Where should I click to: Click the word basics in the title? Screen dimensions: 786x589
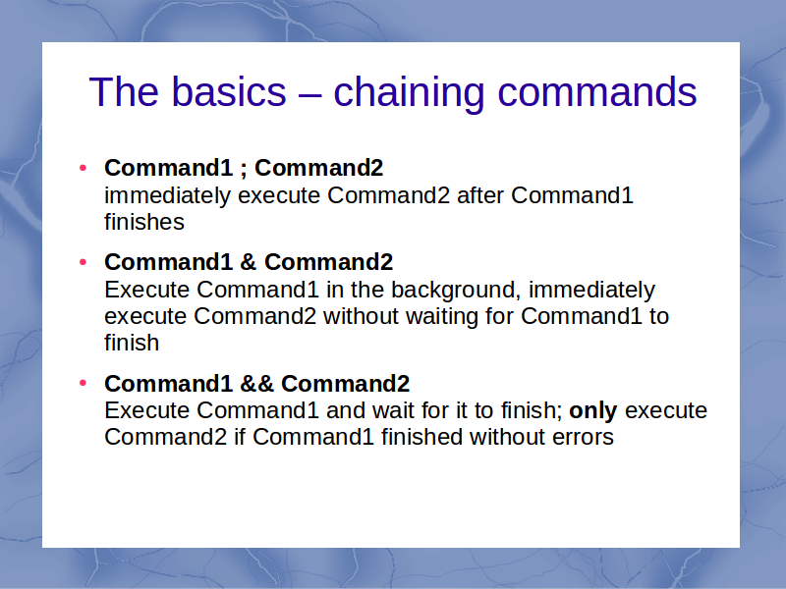pos(229,91)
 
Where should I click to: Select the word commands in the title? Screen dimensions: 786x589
pos(597,91)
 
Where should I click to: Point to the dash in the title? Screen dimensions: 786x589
pos(309,93)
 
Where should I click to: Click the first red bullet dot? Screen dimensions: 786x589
pos(84,168)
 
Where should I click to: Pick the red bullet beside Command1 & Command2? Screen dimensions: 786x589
pos(84,262)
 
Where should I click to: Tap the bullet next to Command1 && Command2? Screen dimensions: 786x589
pos(84,384)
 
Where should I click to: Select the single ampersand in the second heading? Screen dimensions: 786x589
pos(249,262)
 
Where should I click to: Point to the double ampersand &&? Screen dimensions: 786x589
pos(256,384)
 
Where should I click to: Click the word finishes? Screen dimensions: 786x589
pos(144,222)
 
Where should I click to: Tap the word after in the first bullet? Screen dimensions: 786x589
pos(480,195)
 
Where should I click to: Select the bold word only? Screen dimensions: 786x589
pos(593,411)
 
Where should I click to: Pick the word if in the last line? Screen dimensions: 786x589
pos(240,437)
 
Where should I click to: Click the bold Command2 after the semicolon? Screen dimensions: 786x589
pos(318,168)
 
